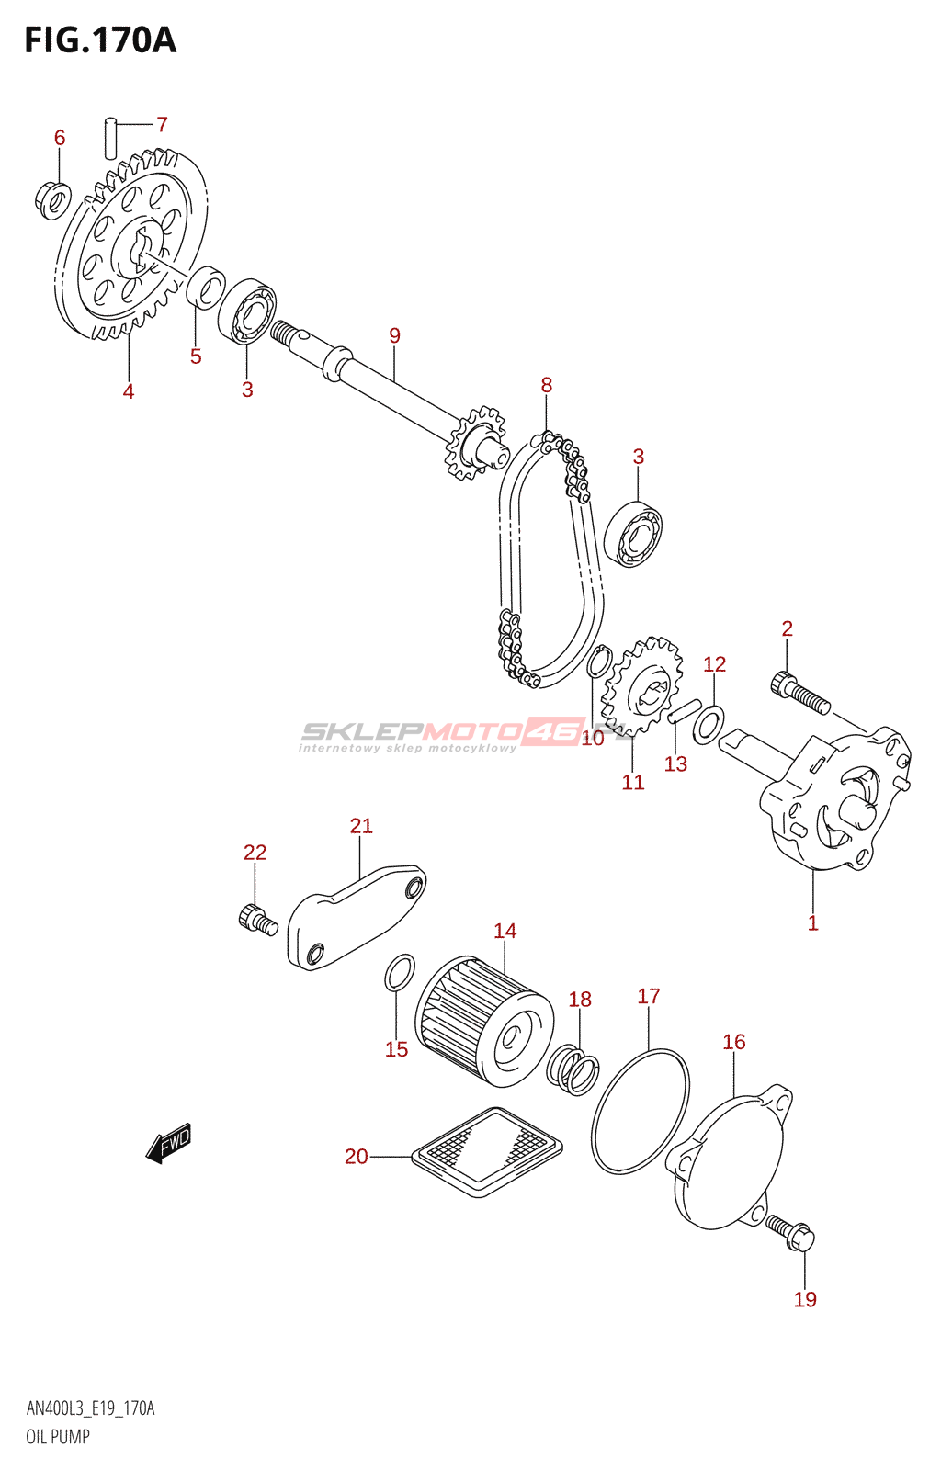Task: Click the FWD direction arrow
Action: [x=168, y=1143]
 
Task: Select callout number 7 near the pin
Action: [x=162, y=123]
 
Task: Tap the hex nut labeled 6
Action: [x=51, y=200]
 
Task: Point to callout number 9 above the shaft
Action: [x=393, y=335]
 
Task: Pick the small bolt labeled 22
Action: [x=258, y=918]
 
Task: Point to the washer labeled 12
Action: [x=709, y=725]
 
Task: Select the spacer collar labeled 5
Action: [x=206, y=287]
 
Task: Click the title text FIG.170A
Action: [x=100, y=40]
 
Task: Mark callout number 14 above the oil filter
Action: [x=505, y=931]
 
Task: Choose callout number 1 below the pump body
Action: [x=812, y=922]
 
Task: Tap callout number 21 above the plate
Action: [x=361, y=826]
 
